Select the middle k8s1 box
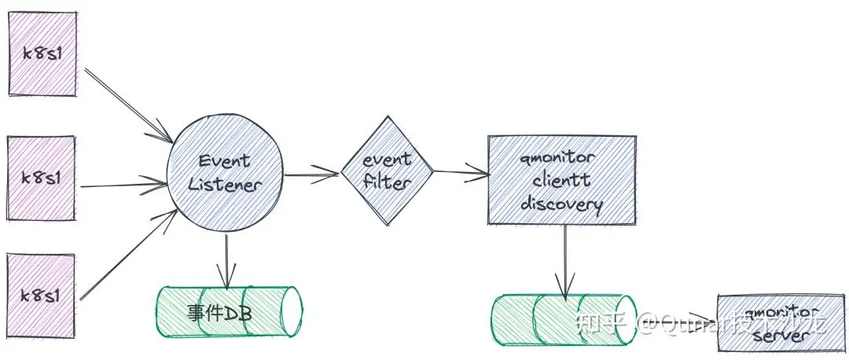pyautogui.click(x=42, y=176)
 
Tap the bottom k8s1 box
pyautogui.click(x=42, y=294)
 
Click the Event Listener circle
pyautogui.click(x=225, y=174)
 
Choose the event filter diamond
pyautogui.click(x=388, y=171)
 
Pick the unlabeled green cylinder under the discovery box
pyautogui.click(x=563, y=320)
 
